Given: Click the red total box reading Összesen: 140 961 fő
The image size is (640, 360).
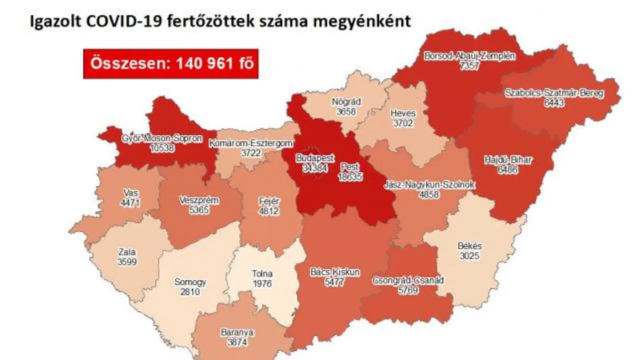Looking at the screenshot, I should (171, 64).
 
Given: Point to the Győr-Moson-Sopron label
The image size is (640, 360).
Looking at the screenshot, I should (162, 139).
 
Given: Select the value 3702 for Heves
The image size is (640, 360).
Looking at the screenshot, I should (402, 123).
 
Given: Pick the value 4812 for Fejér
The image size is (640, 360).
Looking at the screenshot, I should (264, 212).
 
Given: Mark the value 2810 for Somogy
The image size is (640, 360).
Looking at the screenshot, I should (190, 291).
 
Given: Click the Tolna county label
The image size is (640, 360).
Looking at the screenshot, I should (262, 274).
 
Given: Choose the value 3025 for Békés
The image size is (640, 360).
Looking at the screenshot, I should (470, 256).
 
